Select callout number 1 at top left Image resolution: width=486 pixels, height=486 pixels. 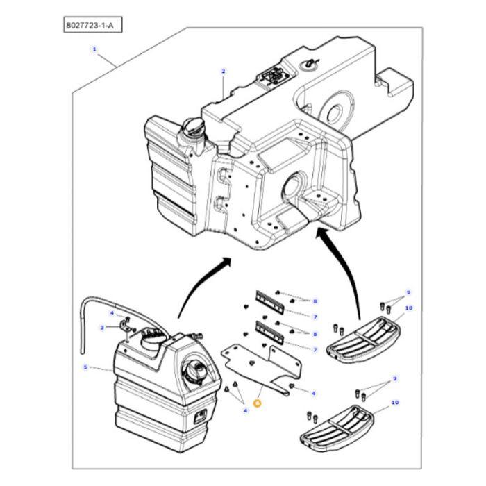(94, 50)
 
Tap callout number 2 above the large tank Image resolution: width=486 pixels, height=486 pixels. (224, 71)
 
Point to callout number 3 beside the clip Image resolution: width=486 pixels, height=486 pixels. (101, 328)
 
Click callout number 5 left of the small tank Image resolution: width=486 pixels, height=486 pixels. (85, 367)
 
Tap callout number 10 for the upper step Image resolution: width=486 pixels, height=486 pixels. (408, 308)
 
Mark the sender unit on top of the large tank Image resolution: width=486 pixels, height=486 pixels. (272, 74)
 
